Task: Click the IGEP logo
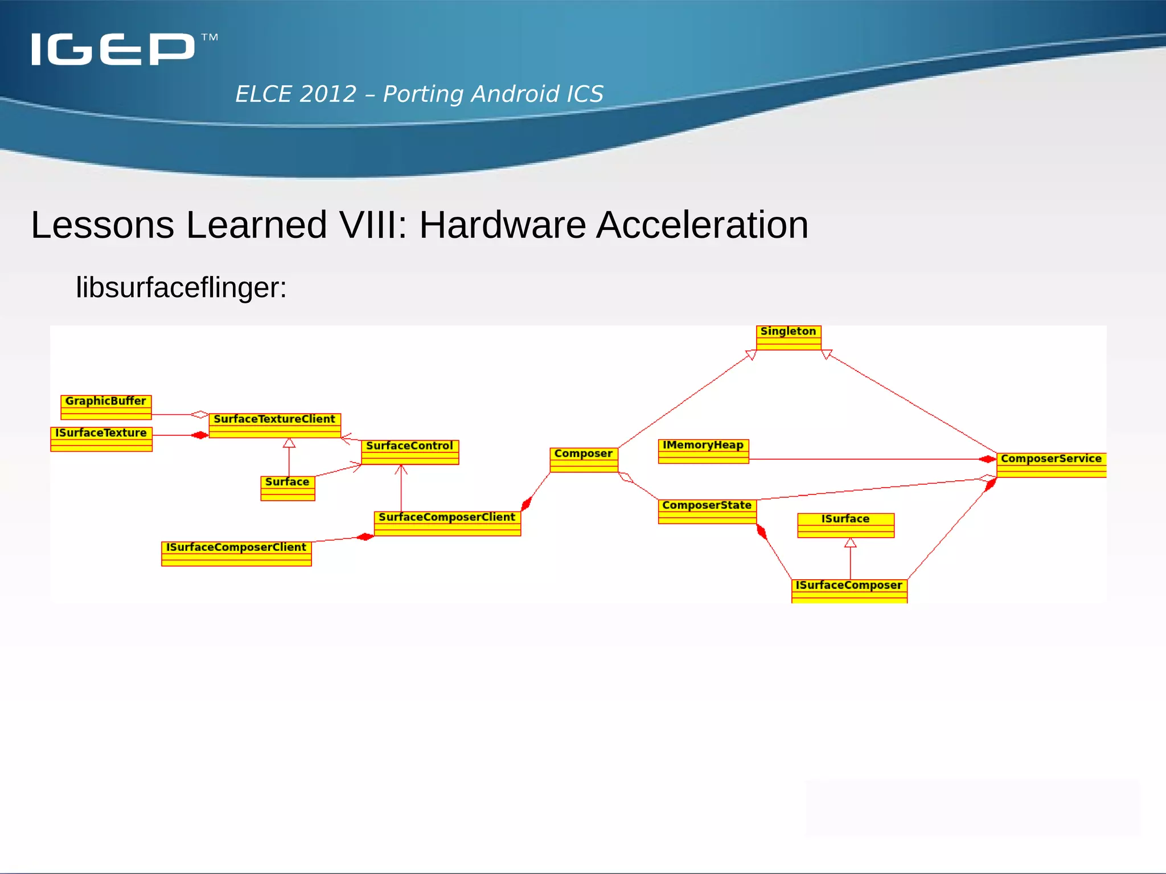[x=114, y=49]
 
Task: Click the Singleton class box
[x=789, y=337]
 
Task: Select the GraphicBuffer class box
[x=106, y=407]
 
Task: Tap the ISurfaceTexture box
[x=101, y=439]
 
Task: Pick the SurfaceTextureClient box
[x=274, y=425]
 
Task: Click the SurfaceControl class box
[x=409, y=452]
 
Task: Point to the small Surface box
[x=288, y=488]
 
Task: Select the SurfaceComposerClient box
[x=447, y=523]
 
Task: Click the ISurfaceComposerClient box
[x=236, y=553]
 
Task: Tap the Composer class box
[x=584, y=460]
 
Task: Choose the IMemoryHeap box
[x=703, y=451]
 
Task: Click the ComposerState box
[x=707, y=511]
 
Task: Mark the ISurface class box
[x=845, y=525]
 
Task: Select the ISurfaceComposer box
[x=849, y=590]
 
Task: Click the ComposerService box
[x=1051, y=464]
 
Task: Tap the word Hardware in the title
[x=502, y=225]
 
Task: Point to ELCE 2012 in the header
[x=296, y=94]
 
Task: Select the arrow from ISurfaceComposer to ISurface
[x=850, y=560]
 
